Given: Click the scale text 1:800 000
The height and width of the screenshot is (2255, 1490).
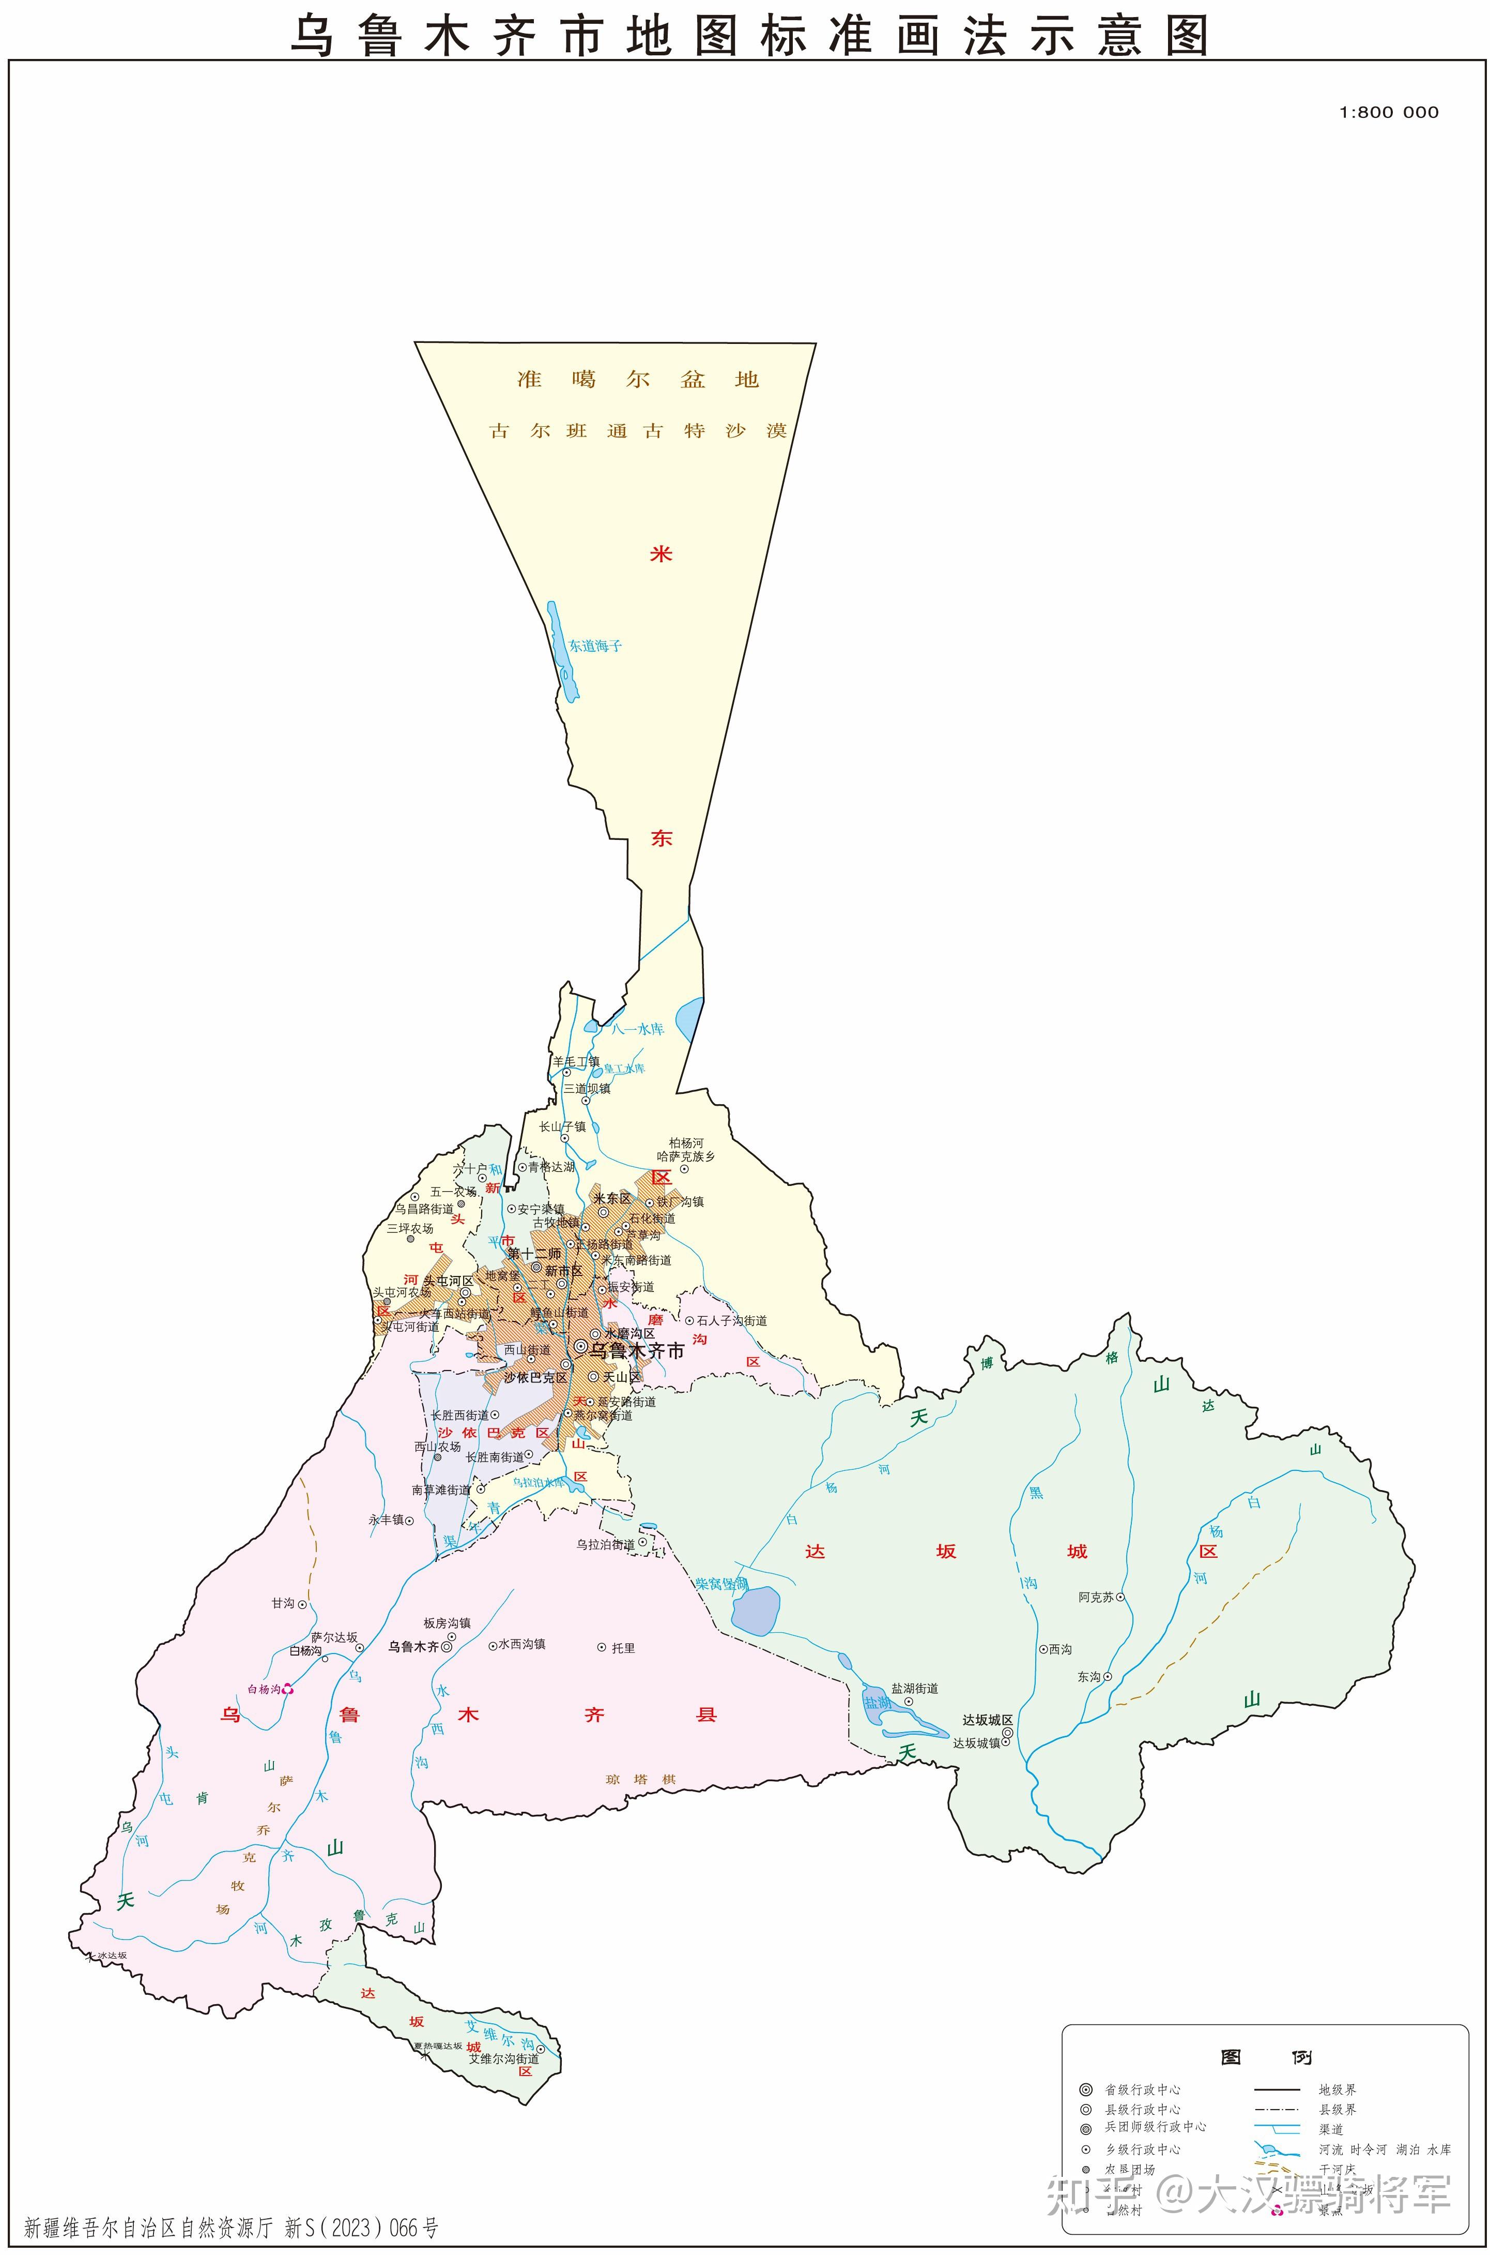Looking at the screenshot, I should (x=1388, y=112).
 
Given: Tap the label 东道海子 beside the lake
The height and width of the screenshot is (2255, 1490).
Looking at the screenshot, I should (x=595, y=645).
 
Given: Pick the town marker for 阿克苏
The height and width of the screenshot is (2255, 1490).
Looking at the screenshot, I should (x=1120, y=1597).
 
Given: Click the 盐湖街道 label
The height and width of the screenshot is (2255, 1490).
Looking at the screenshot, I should (x=914, y=1688).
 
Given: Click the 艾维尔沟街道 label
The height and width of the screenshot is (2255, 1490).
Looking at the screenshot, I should (x=503, y=2058).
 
